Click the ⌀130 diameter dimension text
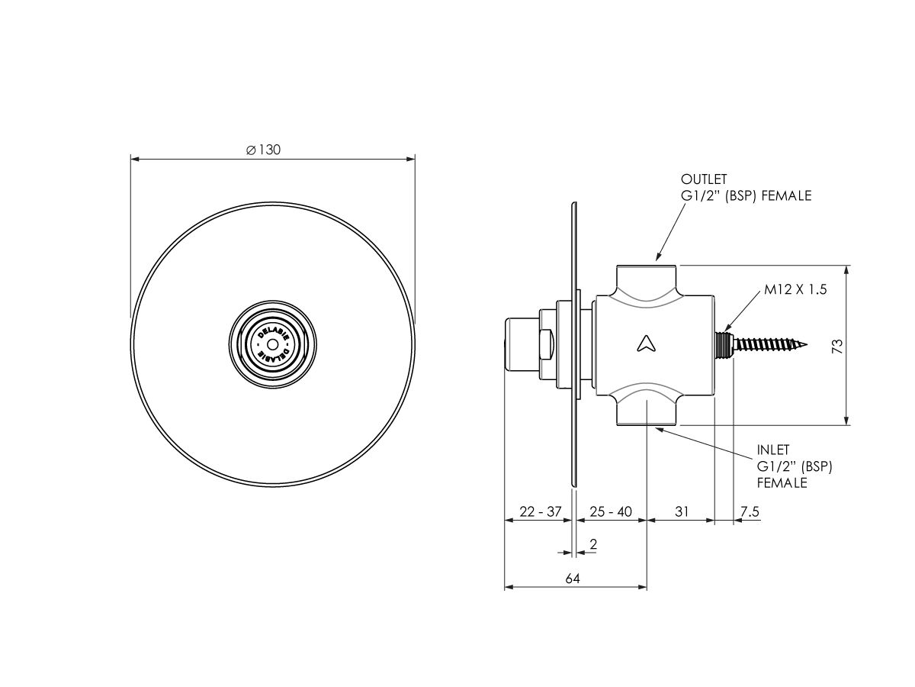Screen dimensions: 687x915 264,150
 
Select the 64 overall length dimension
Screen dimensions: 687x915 573,579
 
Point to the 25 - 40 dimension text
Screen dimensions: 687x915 611,512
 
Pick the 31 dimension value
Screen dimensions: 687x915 681,512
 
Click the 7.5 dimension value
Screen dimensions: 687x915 750,512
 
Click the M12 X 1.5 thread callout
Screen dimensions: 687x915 795,290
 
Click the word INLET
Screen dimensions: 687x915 773,450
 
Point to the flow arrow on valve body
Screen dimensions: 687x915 646,343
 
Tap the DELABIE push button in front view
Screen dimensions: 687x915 272,341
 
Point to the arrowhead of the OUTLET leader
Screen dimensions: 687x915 658,260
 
